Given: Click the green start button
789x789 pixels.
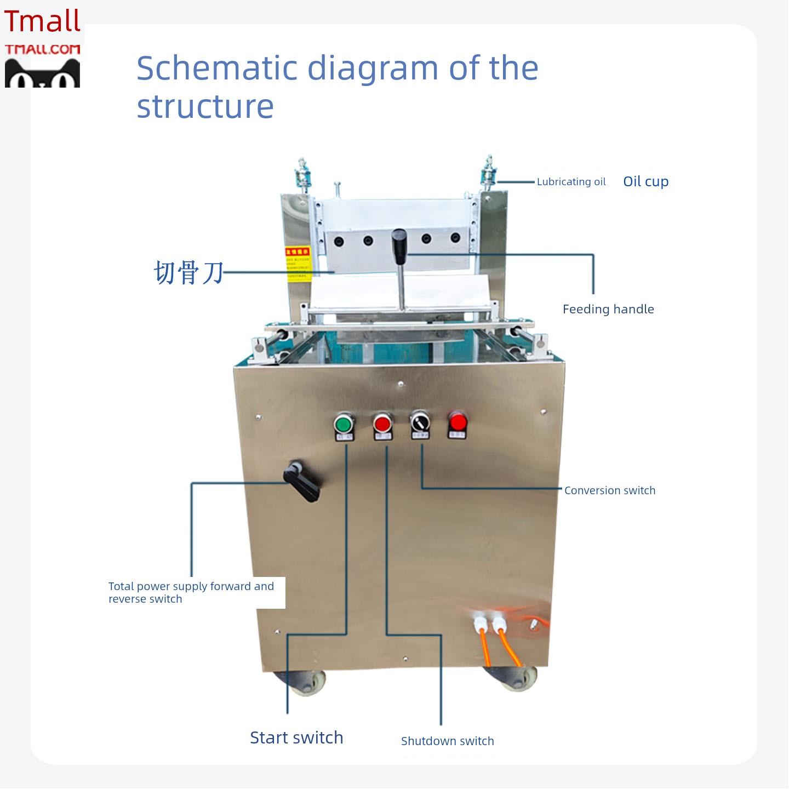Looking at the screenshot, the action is point(343,424).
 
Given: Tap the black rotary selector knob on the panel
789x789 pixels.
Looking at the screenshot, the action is point(420,422).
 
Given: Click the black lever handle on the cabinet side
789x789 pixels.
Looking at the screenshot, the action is point(302,482).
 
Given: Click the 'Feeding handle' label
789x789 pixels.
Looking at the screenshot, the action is point(608,309).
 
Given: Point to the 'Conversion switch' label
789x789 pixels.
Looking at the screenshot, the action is point(609,490).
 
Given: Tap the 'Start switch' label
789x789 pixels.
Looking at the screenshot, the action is point(296,737).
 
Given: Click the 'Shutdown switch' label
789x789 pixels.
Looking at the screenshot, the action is point(447,741).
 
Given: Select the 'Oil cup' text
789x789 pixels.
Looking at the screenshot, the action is point(645,181).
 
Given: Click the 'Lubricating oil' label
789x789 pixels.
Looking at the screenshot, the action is point(571,182).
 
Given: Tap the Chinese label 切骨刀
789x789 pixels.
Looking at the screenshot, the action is point(188,272).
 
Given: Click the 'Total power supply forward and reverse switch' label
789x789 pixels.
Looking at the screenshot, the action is point(191,592).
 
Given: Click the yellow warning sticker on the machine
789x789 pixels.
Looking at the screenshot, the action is point(298,264).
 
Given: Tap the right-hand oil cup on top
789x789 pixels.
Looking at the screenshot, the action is point(488,172).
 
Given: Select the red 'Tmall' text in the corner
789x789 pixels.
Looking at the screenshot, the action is point(42,21).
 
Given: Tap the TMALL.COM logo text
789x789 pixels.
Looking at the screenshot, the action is point(43,50).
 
